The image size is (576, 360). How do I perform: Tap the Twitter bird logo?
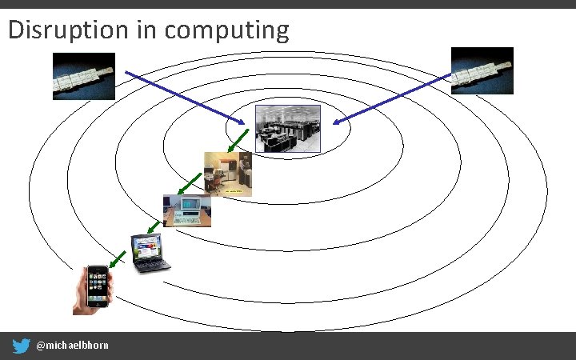click(x=22, y=346)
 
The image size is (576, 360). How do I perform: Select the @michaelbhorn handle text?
click(x=73, y=346)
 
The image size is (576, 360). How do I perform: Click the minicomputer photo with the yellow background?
click(x=228, y=174)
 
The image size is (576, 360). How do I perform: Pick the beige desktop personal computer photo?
click(x=187, y=211)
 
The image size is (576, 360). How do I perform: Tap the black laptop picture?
click(x=151, y=253)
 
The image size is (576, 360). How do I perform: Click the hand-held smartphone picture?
click(x=94, y=289)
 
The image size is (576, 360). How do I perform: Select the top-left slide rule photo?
click(x=84, y=76)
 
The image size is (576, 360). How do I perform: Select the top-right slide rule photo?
click(x=482, y=70)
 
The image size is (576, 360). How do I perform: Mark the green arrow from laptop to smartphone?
click(x=117, y=258)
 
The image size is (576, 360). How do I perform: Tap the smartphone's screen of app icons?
click(x=98, y=286)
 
